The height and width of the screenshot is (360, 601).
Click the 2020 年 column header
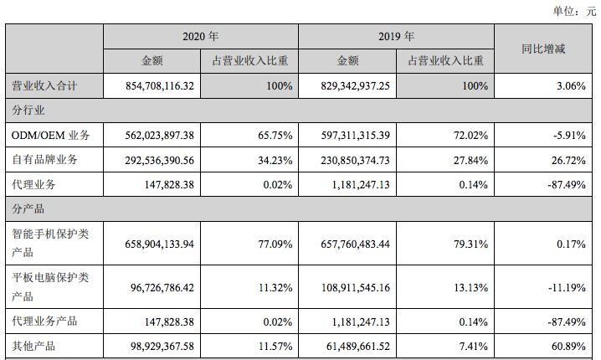200,37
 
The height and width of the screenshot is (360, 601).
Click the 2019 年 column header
396,37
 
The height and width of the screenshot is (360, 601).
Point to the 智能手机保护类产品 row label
50,244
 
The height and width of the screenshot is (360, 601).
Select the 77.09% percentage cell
274,244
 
